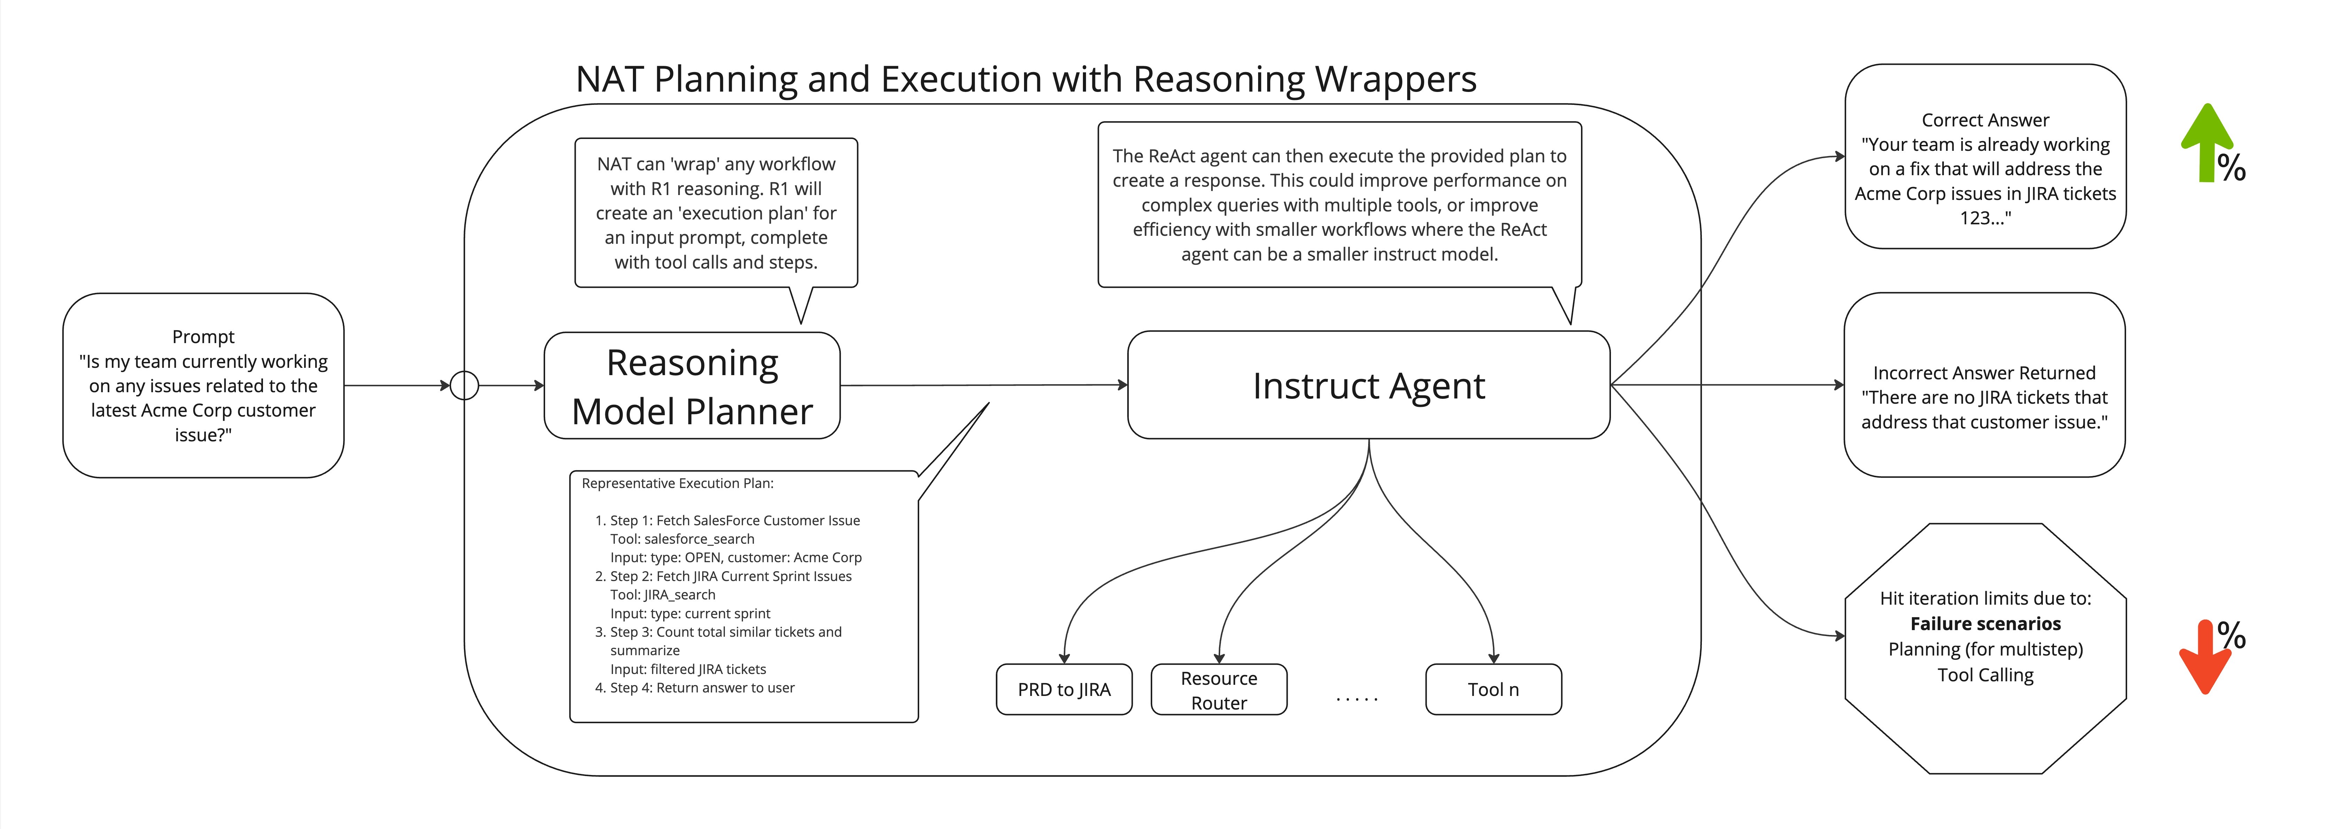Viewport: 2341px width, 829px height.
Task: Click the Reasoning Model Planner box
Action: point(692,386)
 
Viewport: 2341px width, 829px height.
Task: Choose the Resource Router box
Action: point(1219,690)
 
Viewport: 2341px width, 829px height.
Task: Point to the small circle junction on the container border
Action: point(464,385)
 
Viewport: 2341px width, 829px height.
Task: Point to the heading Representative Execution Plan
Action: point(677,483)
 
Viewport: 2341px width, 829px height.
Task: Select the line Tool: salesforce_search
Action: point(682,539)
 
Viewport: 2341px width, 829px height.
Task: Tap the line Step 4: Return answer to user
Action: point(701,688)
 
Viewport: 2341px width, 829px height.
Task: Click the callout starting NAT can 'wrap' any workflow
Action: point(716,213)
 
